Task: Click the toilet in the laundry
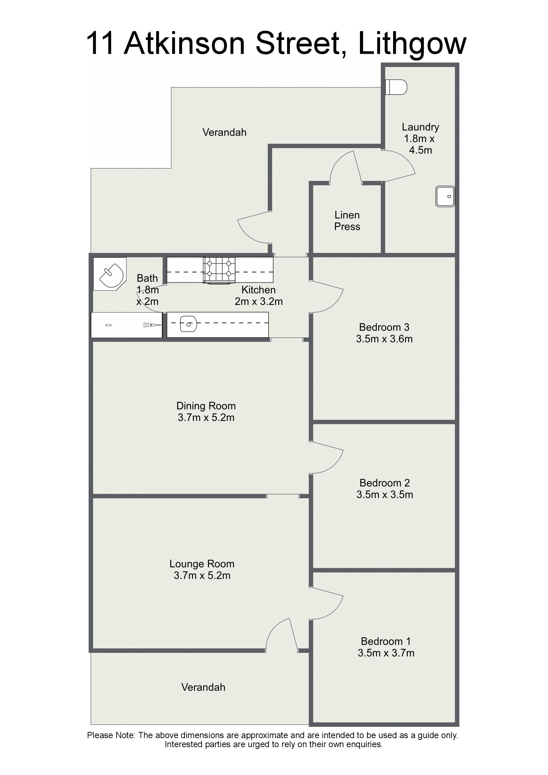[x=396, y=87]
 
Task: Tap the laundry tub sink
[x=445, y=196]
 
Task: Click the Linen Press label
[x=347, y=220]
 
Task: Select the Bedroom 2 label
[x=384, y=483]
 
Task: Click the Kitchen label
[x=258, y=290]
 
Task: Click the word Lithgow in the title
[x=412, y=44]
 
